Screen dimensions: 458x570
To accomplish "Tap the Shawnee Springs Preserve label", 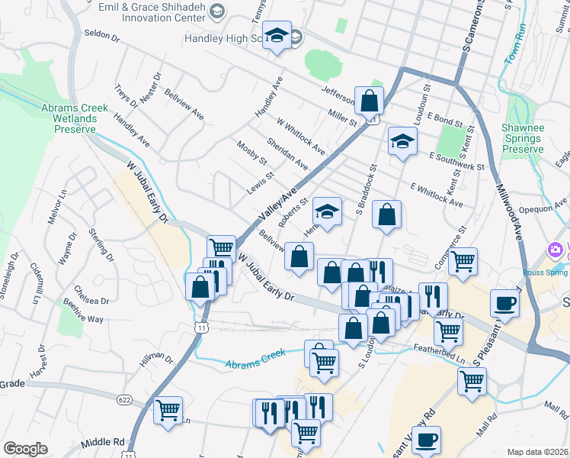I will point(522,139).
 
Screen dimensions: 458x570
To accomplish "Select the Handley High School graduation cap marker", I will point(277,35).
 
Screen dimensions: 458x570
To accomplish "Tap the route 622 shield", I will point(125,400).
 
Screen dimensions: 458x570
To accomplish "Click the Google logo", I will point(25,449).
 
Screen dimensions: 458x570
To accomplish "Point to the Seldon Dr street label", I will point(103,34).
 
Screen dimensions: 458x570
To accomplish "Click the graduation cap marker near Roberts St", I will point(328,211).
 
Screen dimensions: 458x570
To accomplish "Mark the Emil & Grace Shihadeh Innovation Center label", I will point(153,8).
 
